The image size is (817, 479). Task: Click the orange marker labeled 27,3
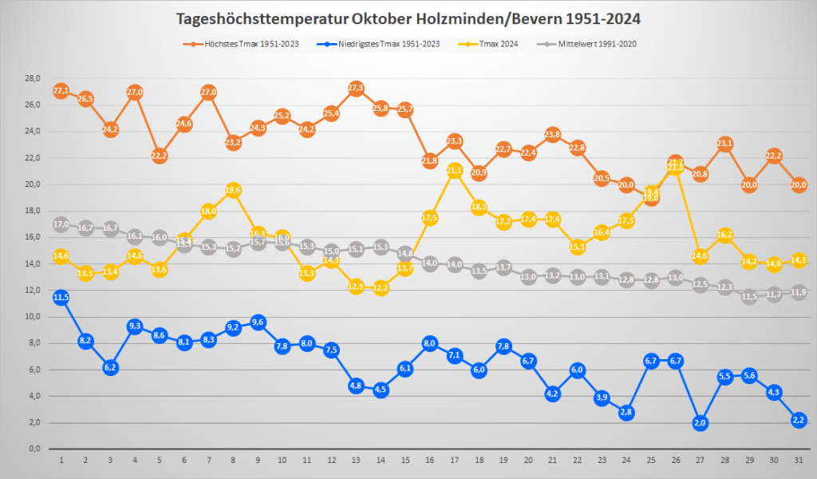pos(356,88)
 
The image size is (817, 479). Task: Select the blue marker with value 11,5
pos(61,297)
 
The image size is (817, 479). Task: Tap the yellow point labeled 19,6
pos(233,190)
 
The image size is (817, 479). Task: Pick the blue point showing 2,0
pos(700,422)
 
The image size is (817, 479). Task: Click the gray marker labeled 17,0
pos(61,224)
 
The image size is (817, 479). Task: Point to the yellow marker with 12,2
pos(381,288)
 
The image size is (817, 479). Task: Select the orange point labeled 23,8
pos(553,134)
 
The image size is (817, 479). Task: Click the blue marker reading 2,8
pos(626,412)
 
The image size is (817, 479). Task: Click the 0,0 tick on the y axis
pos(34,449)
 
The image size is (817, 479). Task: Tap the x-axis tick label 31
pos(799,461)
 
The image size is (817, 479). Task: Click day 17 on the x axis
pos(455,461)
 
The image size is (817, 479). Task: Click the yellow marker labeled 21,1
pos(455,170)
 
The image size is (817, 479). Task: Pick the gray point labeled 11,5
pos(749,297)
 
